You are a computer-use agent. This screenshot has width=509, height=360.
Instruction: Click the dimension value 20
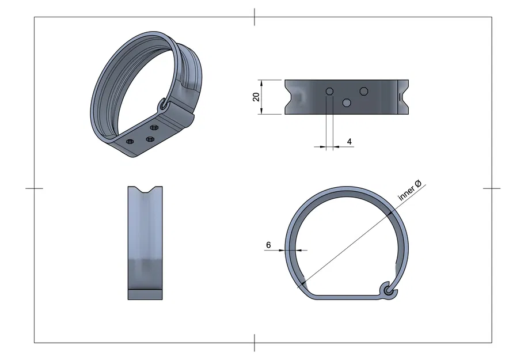point(256,97)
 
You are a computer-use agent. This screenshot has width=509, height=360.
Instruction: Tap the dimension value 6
point(268,245)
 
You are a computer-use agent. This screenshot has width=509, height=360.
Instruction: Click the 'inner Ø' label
point(410,191)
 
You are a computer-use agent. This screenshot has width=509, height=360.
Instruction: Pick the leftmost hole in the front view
point(329,92)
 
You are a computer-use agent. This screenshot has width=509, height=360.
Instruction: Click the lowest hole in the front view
point(347,103)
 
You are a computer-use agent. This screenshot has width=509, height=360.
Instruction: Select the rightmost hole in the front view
point(364,90)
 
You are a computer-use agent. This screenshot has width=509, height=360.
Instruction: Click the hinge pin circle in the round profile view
point(390,291)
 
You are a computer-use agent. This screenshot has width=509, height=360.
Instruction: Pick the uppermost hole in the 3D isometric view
point(154,127)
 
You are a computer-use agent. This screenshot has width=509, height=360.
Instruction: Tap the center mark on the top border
point(254,17)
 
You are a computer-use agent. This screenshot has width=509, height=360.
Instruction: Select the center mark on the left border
point(35,188)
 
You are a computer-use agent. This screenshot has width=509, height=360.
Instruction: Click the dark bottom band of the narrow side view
point(145,294)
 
